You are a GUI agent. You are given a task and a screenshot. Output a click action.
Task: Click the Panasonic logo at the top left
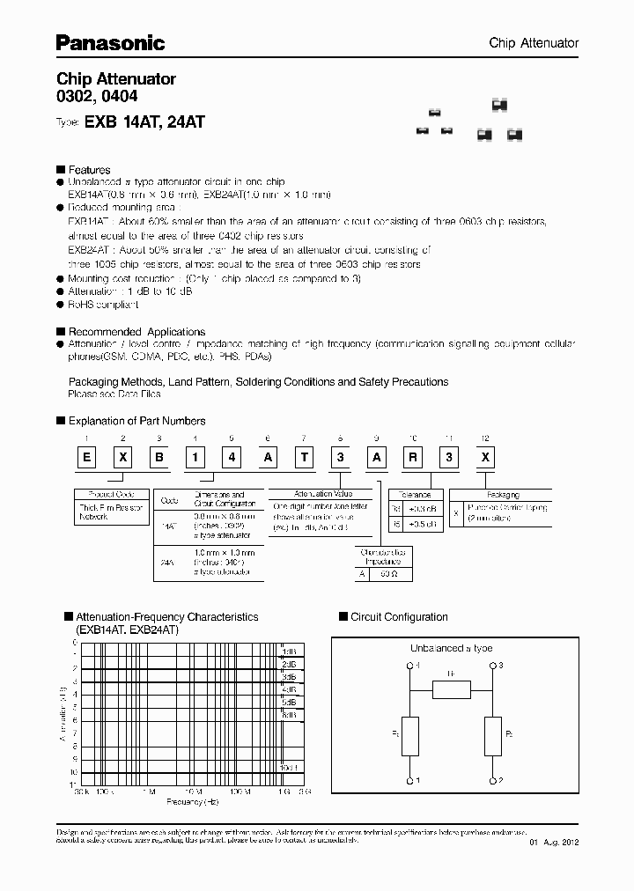110,41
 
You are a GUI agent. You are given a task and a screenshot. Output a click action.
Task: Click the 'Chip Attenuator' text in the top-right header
534,43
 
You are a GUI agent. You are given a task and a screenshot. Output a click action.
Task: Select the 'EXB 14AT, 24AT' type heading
144,123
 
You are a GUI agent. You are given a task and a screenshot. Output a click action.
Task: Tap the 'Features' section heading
89,170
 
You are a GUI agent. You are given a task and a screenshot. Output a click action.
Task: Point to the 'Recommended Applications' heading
136,332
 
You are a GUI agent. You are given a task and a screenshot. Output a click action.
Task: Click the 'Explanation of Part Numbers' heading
136,421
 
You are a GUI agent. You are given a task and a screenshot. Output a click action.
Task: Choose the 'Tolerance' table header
415,495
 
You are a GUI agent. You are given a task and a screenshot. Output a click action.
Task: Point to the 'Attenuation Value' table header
312,495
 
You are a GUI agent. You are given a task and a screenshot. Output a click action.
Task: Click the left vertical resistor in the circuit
410,736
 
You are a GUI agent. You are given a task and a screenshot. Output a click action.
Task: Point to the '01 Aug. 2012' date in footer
555,843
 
